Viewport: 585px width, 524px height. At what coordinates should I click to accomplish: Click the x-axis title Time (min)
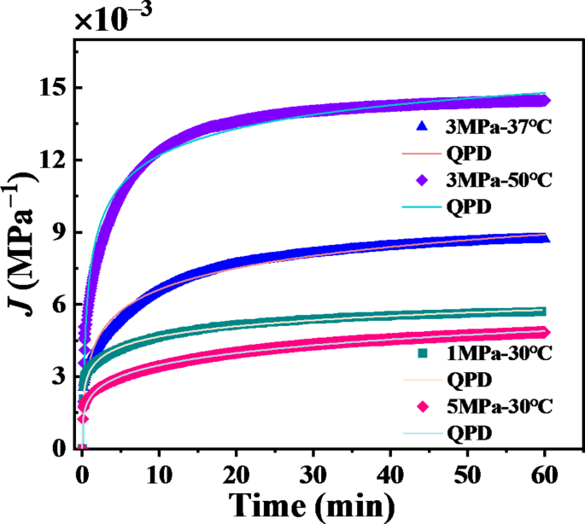[x=313, y=505]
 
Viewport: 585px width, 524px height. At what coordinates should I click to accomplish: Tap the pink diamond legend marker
[x=420, y=406]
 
